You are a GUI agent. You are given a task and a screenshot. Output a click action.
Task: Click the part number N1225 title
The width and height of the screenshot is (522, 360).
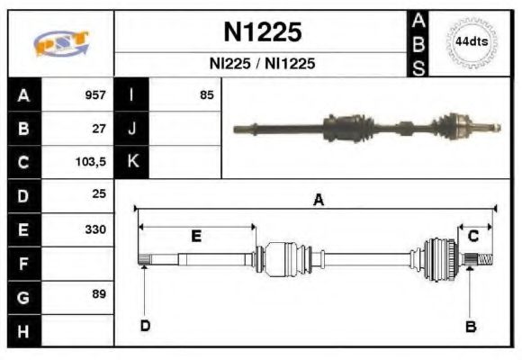262,33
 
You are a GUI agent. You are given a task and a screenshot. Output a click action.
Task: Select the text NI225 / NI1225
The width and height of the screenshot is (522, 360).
262,65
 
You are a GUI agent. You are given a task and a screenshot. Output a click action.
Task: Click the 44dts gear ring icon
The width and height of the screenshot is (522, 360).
471,42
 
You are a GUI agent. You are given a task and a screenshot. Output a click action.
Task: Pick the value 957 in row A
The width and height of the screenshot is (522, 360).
95,94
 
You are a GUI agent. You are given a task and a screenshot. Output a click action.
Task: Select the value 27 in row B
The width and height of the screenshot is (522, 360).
99,128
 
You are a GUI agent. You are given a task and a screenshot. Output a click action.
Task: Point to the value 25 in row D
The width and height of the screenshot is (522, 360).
99,194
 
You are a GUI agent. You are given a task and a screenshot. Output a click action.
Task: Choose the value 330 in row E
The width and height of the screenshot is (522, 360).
95,229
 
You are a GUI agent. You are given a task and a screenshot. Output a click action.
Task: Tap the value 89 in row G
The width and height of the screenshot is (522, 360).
99,295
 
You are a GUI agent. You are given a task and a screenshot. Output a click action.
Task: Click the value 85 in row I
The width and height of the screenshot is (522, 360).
207,94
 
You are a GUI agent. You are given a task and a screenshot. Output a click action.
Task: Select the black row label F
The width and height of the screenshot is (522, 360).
24,263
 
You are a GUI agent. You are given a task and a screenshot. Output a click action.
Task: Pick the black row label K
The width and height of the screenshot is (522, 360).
132,162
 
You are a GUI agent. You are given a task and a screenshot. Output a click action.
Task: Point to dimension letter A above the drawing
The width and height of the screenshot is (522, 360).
318,201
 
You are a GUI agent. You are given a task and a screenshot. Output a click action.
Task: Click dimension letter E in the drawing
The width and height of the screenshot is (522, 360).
196,236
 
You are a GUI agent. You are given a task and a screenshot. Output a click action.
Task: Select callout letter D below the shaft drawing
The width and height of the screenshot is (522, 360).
144,326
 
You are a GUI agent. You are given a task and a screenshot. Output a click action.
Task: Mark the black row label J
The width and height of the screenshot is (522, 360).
132,128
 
